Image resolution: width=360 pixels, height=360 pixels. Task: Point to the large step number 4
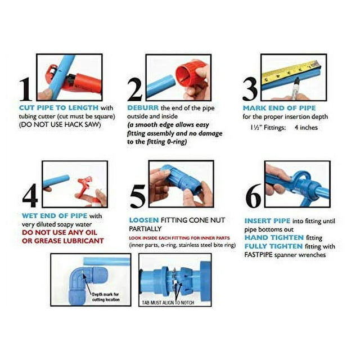[30, 195]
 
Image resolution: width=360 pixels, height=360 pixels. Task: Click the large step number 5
[138, 195]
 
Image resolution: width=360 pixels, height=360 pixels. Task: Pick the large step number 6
[254, 195]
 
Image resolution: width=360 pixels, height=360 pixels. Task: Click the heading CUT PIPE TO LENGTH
[59, 107]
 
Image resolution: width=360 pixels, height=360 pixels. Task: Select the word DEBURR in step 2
[143, 107]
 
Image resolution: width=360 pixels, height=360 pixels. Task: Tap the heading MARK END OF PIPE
[279, 108]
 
